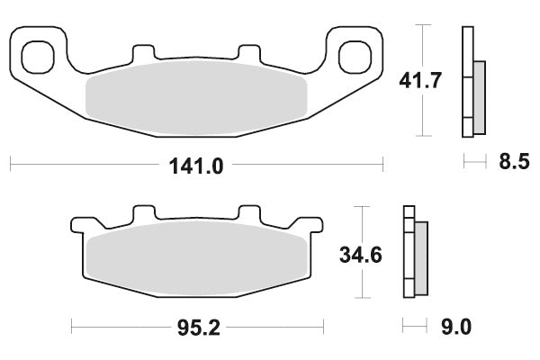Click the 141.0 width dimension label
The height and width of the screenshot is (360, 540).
(196, 165)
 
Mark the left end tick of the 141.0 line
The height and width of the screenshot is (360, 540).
(10, 165)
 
